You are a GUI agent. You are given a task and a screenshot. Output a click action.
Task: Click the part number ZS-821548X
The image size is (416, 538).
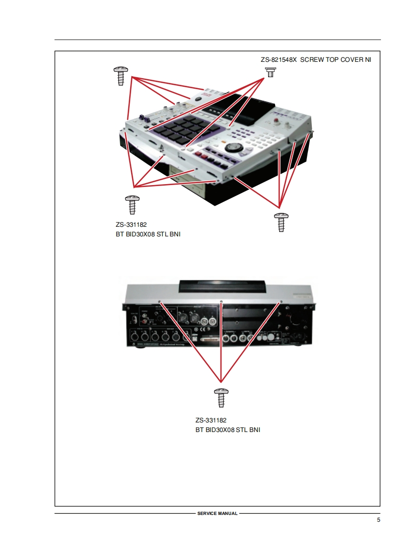(279, 60)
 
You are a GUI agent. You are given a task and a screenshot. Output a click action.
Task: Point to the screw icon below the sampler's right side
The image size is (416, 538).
(281, 222)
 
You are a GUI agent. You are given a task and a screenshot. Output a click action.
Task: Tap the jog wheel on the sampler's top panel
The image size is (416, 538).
(235, 147)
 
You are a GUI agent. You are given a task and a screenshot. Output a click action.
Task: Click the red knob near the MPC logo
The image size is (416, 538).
(278, 120)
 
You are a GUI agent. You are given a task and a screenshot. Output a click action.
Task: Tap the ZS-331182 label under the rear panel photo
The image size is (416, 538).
(211, 421)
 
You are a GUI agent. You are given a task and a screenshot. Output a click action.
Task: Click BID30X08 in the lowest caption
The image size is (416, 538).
(220, 430)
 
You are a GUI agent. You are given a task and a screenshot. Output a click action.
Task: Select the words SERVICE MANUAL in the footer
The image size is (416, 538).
(217, 514)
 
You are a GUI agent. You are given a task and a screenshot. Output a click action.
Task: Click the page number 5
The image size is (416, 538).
(379, 520)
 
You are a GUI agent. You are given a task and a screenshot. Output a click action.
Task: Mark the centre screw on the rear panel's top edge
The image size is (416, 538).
(221, 302)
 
